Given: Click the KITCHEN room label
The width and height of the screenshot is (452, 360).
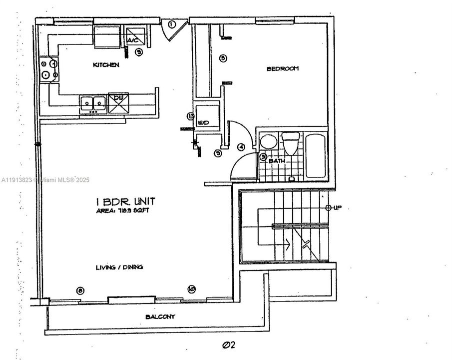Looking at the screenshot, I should pos(106,65).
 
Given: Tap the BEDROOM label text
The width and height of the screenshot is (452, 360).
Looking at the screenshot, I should pos(282,68).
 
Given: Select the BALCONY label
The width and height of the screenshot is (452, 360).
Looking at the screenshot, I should pos(160,317).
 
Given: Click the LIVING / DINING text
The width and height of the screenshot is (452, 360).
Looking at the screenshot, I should pos(119,267).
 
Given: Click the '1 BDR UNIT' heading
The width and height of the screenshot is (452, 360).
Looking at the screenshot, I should pos(125,201).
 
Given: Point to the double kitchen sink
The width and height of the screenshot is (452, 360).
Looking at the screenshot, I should pos(93,103).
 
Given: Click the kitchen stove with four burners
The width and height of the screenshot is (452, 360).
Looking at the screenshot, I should pos(49,70).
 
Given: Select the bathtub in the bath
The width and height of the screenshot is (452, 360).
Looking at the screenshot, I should pos(316,155).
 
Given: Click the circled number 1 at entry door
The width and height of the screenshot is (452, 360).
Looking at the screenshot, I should pos(171,24).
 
